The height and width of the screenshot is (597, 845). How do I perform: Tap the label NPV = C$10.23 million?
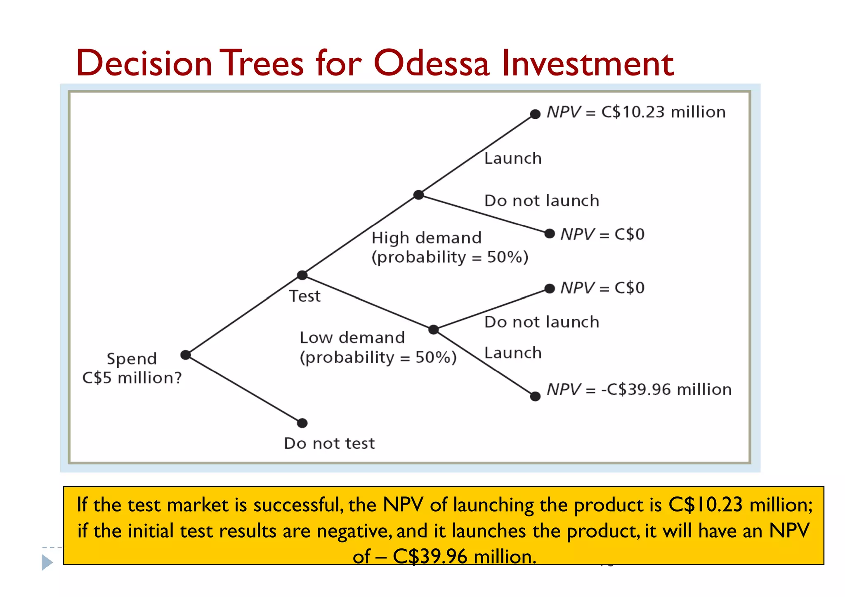click(636, 112)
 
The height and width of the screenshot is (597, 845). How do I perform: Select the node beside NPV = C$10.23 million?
click(535, 114)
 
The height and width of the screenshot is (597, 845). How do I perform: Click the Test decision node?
click(302, 275)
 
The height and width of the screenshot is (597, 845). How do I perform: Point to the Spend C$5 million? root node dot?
click(186, 355)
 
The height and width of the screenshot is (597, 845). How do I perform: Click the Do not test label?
click(329, 444)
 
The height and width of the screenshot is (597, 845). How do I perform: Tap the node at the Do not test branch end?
click(302, 423)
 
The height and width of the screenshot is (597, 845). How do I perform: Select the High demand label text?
click(426, 238)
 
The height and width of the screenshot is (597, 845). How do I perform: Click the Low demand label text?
click(352, 338)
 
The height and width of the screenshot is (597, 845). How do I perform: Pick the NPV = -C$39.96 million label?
click(639, 390)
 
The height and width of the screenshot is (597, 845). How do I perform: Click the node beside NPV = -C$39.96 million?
click(535, 396)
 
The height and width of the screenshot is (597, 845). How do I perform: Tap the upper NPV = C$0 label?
click(602, 234)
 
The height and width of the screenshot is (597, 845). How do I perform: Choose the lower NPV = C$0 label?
click(602, 288)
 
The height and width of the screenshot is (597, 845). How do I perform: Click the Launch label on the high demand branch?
click(512, 158)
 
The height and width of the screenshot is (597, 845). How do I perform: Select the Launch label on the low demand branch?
click(512, 353)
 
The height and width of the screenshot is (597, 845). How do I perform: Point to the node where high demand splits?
click(418, 195)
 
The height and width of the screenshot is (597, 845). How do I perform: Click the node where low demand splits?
click(433, 329)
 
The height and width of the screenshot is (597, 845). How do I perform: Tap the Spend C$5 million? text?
click(132, 368)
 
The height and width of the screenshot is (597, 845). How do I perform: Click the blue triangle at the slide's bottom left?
click(47, 562)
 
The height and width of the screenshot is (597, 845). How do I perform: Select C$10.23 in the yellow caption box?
click(706, 505)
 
